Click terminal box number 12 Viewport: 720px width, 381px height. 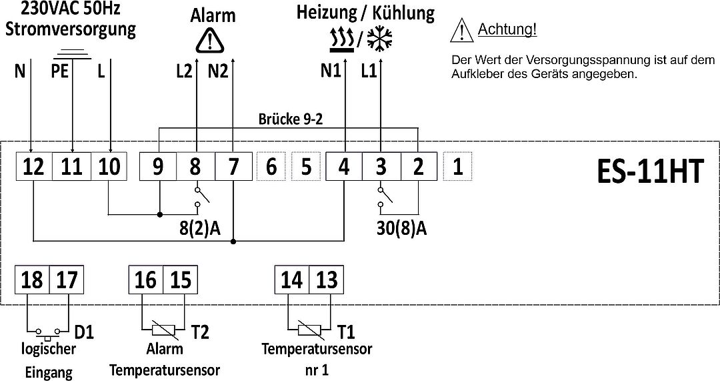point(34,165)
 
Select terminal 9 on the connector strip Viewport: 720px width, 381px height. point(158,165)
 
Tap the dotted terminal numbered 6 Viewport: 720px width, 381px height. point(271,166)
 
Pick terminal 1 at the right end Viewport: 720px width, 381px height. point(457,166)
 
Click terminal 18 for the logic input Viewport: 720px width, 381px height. point(32,280)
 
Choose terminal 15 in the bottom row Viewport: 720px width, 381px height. point(181,280)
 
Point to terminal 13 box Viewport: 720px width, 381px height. point(327,280)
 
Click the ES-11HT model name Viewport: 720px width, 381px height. point(650,171)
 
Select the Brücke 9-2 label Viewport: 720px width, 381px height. point(291,119)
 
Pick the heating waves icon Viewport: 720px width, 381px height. point(341,39)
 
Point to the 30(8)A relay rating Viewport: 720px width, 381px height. point(401,228)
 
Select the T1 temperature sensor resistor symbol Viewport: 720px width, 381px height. point(311,330)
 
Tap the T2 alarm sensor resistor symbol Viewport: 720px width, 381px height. point(164,330)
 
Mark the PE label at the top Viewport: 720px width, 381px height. point(59,71)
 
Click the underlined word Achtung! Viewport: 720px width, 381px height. point(507,29)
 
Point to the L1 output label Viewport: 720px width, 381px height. point(369,71)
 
